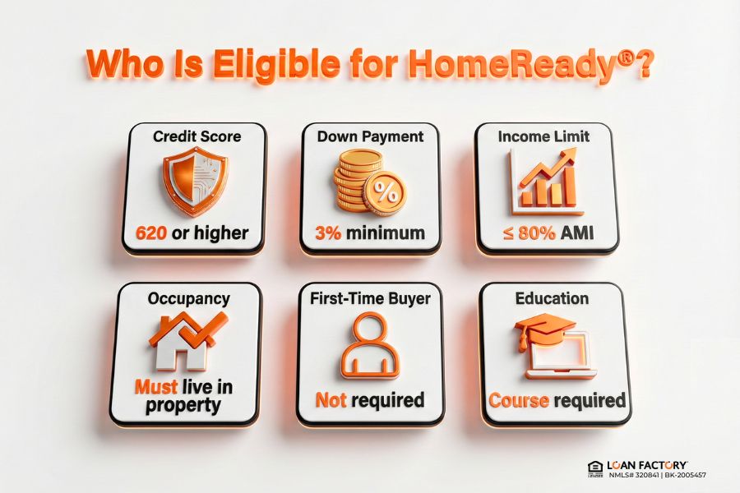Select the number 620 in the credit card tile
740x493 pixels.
150,233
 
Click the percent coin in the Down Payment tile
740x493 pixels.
385,194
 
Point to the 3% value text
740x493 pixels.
329,233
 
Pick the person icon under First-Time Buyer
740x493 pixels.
370,346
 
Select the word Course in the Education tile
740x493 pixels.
519,401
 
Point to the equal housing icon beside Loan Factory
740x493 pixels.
595,469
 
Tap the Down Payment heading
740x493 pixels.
369,136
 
